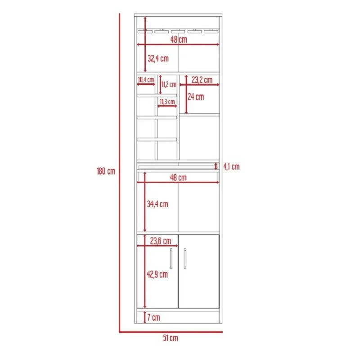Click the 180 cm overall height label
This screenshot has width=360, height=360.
[x=106, y=171]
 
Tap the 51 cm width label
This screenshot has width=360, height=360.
[x=171, y=338]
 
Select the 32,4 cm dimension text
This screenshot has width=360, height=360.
[x=158, y=58]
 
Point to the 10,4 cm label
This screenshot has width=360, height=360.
[x=146, y=80]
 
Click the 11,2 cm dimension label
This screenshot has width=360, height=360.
[x=169, y=84]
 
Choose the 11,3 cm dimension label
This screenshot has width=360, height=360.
[x=167, y=101]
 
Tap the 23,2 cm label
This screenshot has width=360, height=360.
[x=202, y=80]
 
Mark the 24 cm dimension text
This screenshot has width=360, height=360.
[x=196, y=97]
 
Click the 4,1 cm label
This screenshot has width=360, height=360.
[x=231, y=166]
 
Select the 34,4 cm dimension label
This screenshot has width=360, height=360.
[x=157, y=204]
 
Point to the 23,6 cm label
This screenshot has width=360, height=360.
[x=161, y=241]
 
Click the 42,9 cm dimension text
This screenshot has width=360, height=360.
[x=157, y=274]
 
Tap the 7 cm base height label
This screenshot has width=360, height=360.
[x=153, y=318]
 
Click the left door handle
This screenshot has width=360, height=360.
[x=171, y=258]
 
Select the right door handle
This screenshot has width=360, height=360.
[x=185, y=258]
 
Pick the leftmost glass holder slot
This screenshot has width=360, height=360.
[x=145, y=31]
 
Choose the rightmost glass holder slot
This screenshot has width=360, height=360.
[x=211, y=31]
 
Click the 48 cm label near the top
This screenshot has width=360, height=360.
[x=179, y=40]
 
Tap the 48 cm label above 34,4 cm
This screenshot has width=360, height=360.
[x=178, y=177]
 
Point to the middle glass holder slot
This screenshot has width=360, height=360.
[x=178, y=31]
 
